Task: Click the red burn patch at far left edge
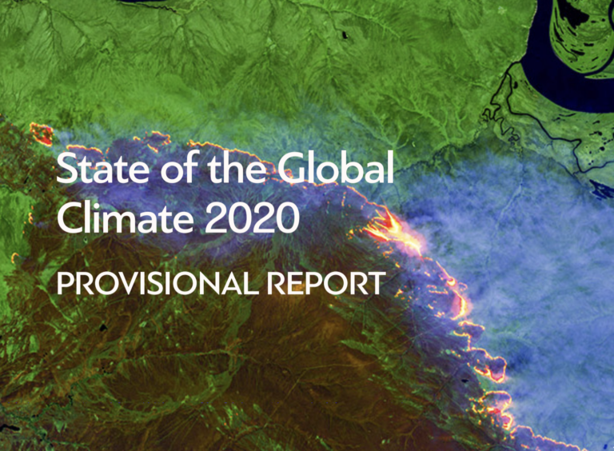coord(42,134)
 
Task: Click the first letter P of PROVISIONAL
coord(62,284)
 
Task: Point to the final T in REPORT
coord(377,284)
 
